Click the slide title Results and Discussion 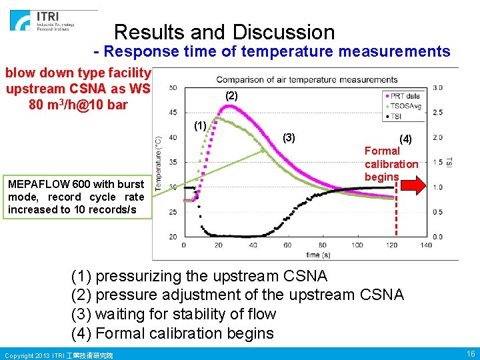click(224, 32)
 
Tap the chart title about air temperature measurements click(307, 80)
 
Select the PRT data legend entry click(405, 97)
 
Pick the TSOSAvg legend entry click(405, 106)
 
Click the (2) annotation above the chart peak click(231, 96)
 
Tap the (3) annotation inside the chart click(289, 137)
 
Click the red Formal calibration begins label click(391, 164)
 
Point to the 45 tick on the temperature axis click(173, 112)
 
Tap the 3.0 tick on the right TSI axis click(438, 87)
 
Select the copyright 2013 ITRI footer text click(58, 355)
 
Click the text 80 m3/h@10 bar click(79, 105)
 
